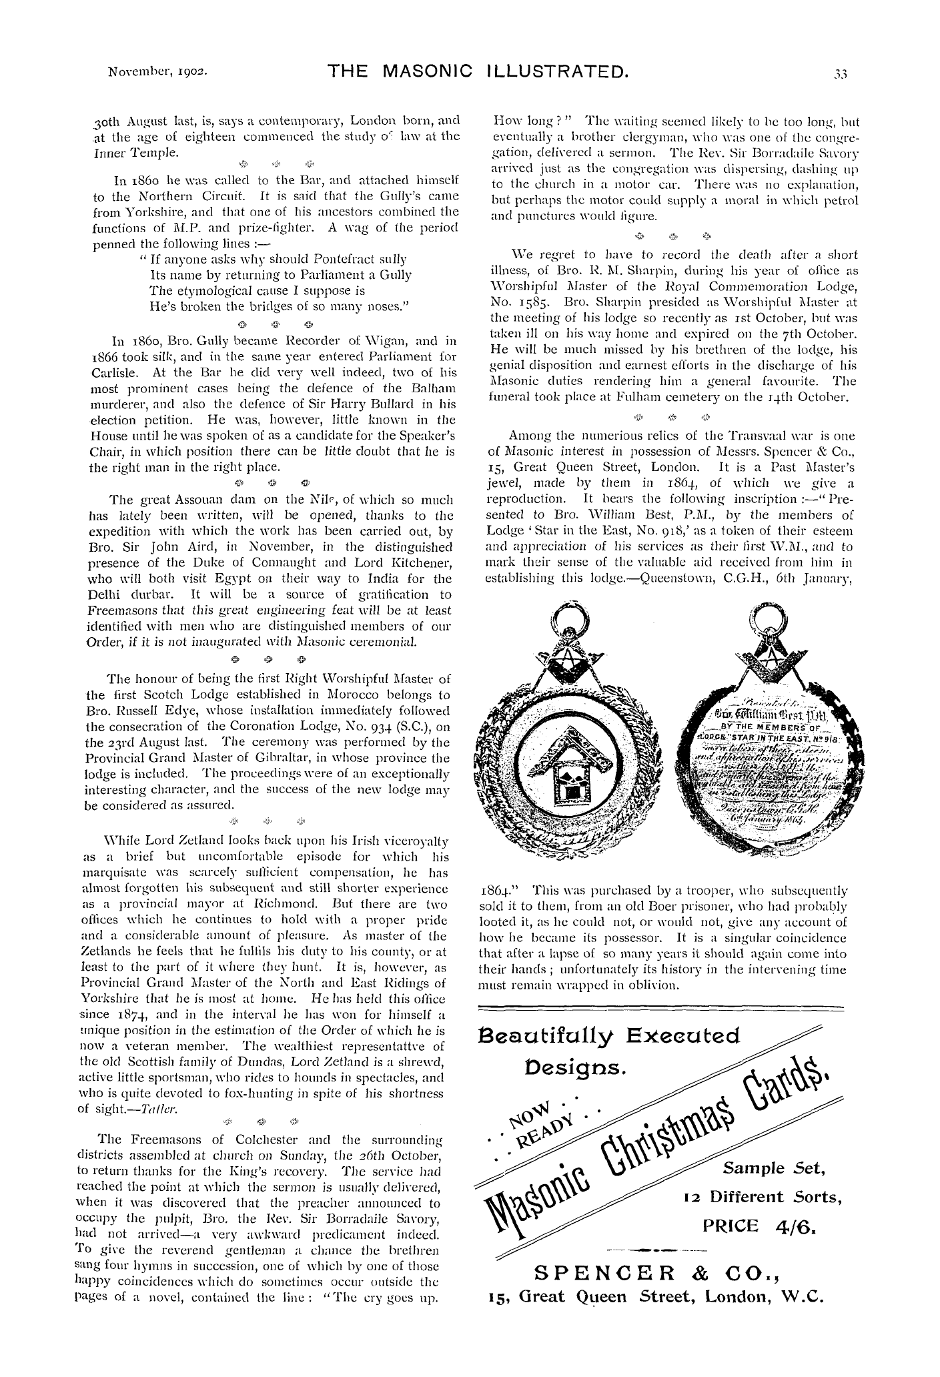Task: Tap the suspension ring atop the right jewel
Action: click(764, 617)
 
